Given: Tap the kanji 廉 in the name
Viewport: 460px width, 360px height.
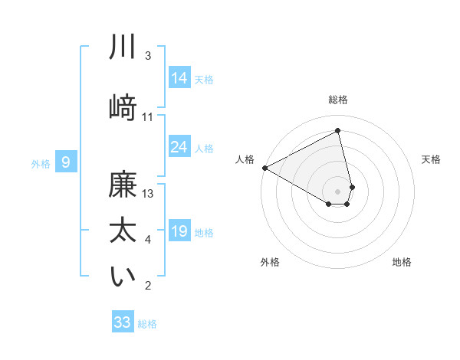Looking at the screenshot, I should [x=123, y=187].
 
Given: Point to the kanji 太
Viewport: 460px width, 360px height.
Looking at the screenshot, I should [x=123, y=230].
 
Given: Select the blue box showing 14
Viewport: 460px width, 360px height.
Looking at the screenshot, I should [x=179, y=78].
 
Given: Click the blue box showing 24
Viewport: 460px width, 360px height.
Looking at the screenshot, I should [x=179, y=147].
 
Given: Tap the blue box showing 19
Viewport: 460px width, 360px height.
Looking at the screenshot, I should [x=179, y=232].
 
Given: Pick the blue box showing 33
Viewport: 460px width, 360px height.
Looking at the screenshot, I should [x=123, y=322].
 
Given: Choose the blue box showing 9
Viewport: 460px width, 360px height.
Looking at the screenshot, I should [x=66, y=162].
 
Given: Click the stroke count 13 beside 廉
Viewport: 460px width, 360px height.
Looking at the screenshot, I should [x=149, y=194].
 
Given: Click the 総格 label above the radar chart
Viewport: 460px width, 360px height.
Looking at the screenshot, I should [x=338, y=100].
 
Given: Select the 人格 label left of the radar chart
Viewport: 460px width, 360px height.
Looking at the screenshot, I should [x=245, y=159].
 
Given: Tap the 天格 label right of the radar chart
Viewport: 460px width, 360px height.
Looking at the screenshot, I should [x=432, y=159].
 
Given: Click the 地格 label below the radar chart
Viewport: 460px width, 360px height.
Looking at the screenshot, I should [x=402, y=262].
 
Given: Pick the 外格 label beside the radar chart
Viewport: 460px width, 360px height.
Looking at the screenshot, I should [x=270, y=262].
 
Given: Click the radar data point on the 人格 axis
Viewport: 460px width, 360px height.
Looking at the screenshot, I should [x=264, y=168].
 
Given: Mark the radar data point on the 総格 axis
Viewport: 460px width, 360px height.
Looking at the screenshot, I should [x=338, y=131].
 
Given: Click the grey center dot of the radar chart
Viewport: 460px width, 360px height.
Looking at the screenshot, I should [x=338, y=191].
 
